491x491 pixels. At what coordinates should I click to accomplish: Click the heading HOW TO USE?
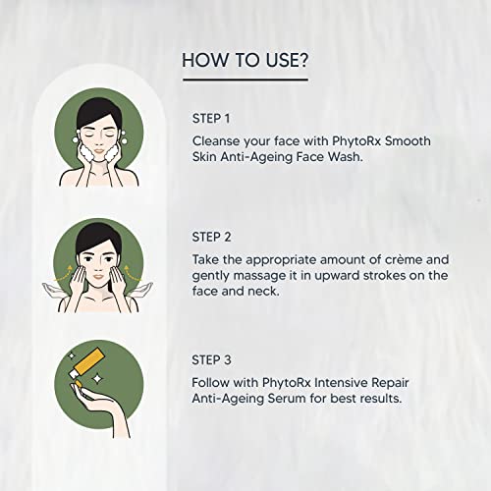245,61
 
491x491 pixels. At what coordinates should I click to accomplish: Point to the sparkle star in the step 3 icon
70,351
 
